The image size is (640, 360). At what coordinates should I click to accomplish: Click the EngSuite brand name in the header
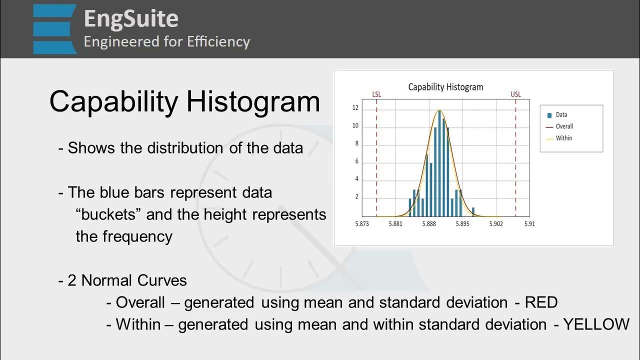[130, 18]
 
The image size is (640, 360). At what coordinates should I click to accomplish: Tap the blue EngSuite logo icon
[55, 29]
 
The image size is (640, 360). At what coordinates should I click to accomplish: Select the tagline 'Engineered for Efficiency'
[166, 41]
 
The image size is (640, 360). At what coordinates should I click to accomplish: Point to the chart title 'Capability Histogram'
[445, 87]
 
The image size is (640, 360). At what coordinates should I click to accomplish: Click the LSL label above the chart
[377, 94]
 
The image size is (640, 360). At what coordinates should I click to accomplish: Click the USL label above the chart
[515, 94]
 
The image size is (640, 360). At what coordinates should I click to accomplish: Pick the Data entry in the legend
[561, 114]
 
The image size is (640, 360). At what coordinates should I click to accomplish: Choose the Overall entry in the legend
[564, 126]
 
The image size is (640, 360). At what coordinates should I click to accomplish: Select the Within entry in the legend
[563, 138]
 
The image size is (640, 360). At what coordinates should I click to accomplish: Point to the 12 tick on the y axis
[355, 108]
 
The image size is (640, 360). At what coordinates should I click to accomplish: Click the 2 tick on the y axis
[356, 197]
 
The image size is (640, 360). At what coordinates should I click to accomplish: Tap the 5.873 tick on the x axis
[362, 224]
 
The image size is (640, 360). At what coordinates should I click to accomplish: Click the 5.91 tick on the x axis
[529, 224]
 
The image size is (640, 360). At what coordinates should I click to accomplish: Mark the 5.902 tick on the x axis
[495, 224]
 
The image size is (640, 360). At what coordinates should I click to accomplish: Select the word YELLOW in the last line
[596, 324]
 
